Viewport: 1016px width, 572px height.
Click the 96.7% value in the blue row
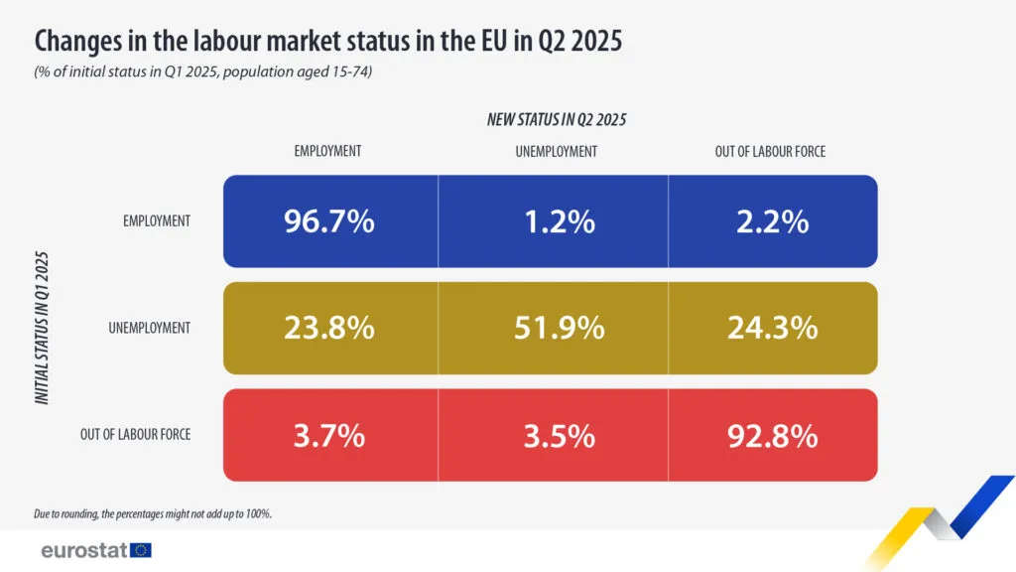click(328, 221)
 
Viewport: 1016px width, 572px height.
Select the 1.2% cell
click(560, 221)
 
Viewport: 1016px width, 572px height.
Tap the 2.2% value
click(773, 221)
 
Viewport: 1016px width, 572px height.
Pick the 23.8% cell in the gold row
click(328, 328)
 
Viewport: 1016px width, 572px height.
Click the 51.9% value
click(560, 328)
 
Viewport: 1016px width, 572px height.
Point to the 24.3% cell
click(773, 328)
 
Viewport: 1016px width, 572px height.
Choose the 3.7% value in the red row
click(328, 435)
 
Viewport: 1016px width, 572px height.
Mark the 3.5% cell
click(560, 435)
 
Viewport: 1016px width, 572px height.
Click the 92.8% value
click(773, 435)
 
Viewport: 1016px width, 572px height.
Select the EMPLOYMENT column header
click(327, 152)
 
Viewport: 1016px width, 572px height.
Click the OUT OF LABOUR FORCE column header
click(770, 152)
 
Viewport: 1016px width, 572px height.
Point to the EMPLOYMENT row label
click(157, 221)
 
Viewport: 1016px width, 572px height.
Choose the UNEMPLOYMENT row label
click(149, 328)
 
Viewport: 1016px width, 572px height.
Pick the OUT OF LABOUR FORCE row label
click(135, 434)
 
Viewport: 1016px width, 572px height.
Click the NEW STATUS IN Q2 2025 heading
click(557, 119)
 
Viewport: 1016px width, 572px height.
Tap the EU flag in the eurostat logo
click(141, 550)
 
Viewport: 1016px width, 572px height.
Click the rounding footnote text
click(152, 513)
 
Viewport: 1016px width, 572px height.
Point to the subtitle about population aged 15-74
click(202, 73)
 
